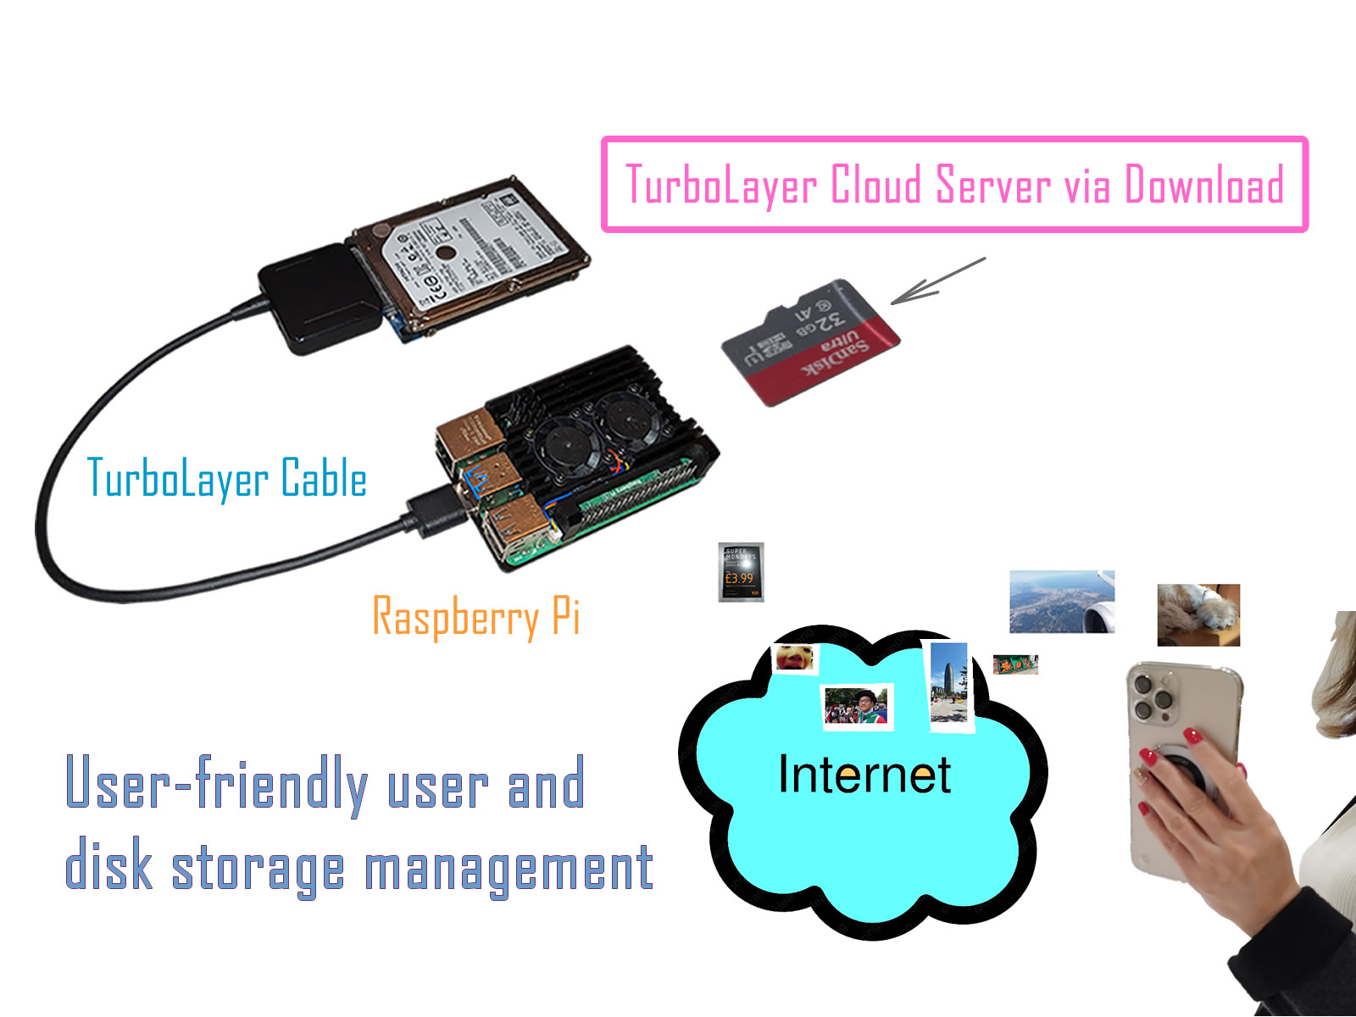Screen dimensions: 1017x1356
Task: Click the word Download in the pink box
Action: (1203, 185)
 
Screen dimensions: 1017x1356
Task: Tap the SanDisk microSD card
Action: (809, 343)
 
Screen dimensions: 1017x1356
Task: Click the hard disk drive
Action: (470, 254)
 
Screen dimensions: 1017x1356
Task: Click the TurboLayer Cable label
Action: (227, 479)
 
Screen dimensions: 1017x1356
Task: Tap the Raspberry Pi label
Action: (476, 617)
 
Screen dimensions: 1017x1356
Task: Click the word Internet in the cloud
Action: (864, 775)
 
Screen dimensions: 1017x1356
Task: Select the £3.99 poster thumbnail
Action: (741, 572)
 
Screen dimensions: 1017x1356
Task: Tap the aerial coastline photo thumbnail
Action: (1061, 602)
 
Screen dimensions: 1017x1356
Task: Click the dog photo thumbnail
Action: (1198, 614)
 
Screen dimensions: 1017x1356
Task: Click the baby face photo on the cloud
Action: (794, 659)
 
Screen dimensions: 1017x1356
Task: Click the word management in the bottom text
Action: (508, 869)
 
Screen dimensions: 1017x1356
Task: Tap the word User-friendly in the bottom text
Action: (216, 784)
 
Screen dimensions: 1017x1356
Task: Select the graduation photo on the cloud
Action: (858, 706)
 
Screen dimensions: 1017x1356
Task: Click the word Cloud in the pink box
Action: (875, 185)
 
